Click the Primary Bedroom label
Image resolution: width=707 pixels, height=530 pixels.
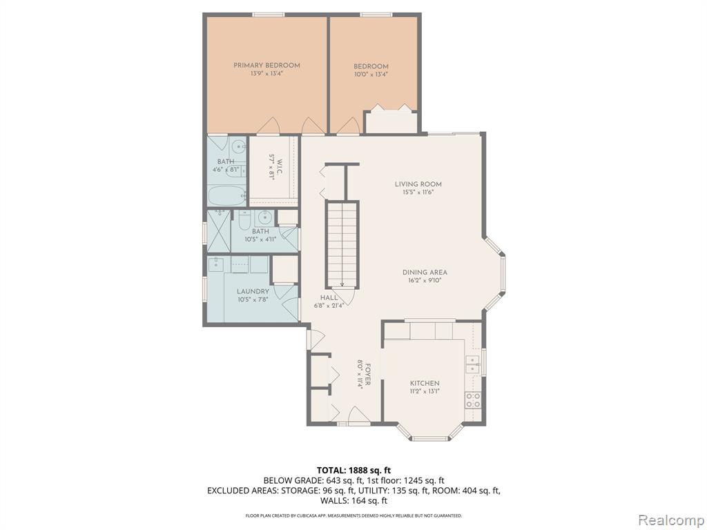tap(267, 66)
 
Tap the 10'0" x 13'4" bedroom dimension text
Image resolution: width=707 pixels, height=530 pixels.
tap(371, 75)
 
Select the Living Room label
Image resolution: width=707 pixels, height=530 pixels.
tap(418, 184)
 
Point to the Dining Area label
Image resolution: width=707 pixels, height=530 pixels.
tap(425, 272)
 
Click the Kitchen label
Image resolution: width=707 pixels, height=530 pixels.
tap(425, 383)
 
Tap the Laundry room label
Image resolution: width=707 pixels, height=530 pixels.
tap(253, 292)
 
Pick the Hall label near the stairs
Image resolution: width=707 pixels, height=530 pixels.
tap(329, 297)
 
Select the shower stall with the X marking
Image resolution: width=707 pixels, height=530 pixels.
tap(219, 231)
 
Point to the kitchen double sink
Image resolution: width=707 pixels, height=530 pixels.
tap(472, 365)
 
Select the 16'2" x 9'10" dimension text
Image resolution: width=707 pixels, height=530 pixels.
tap(422, 280)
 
